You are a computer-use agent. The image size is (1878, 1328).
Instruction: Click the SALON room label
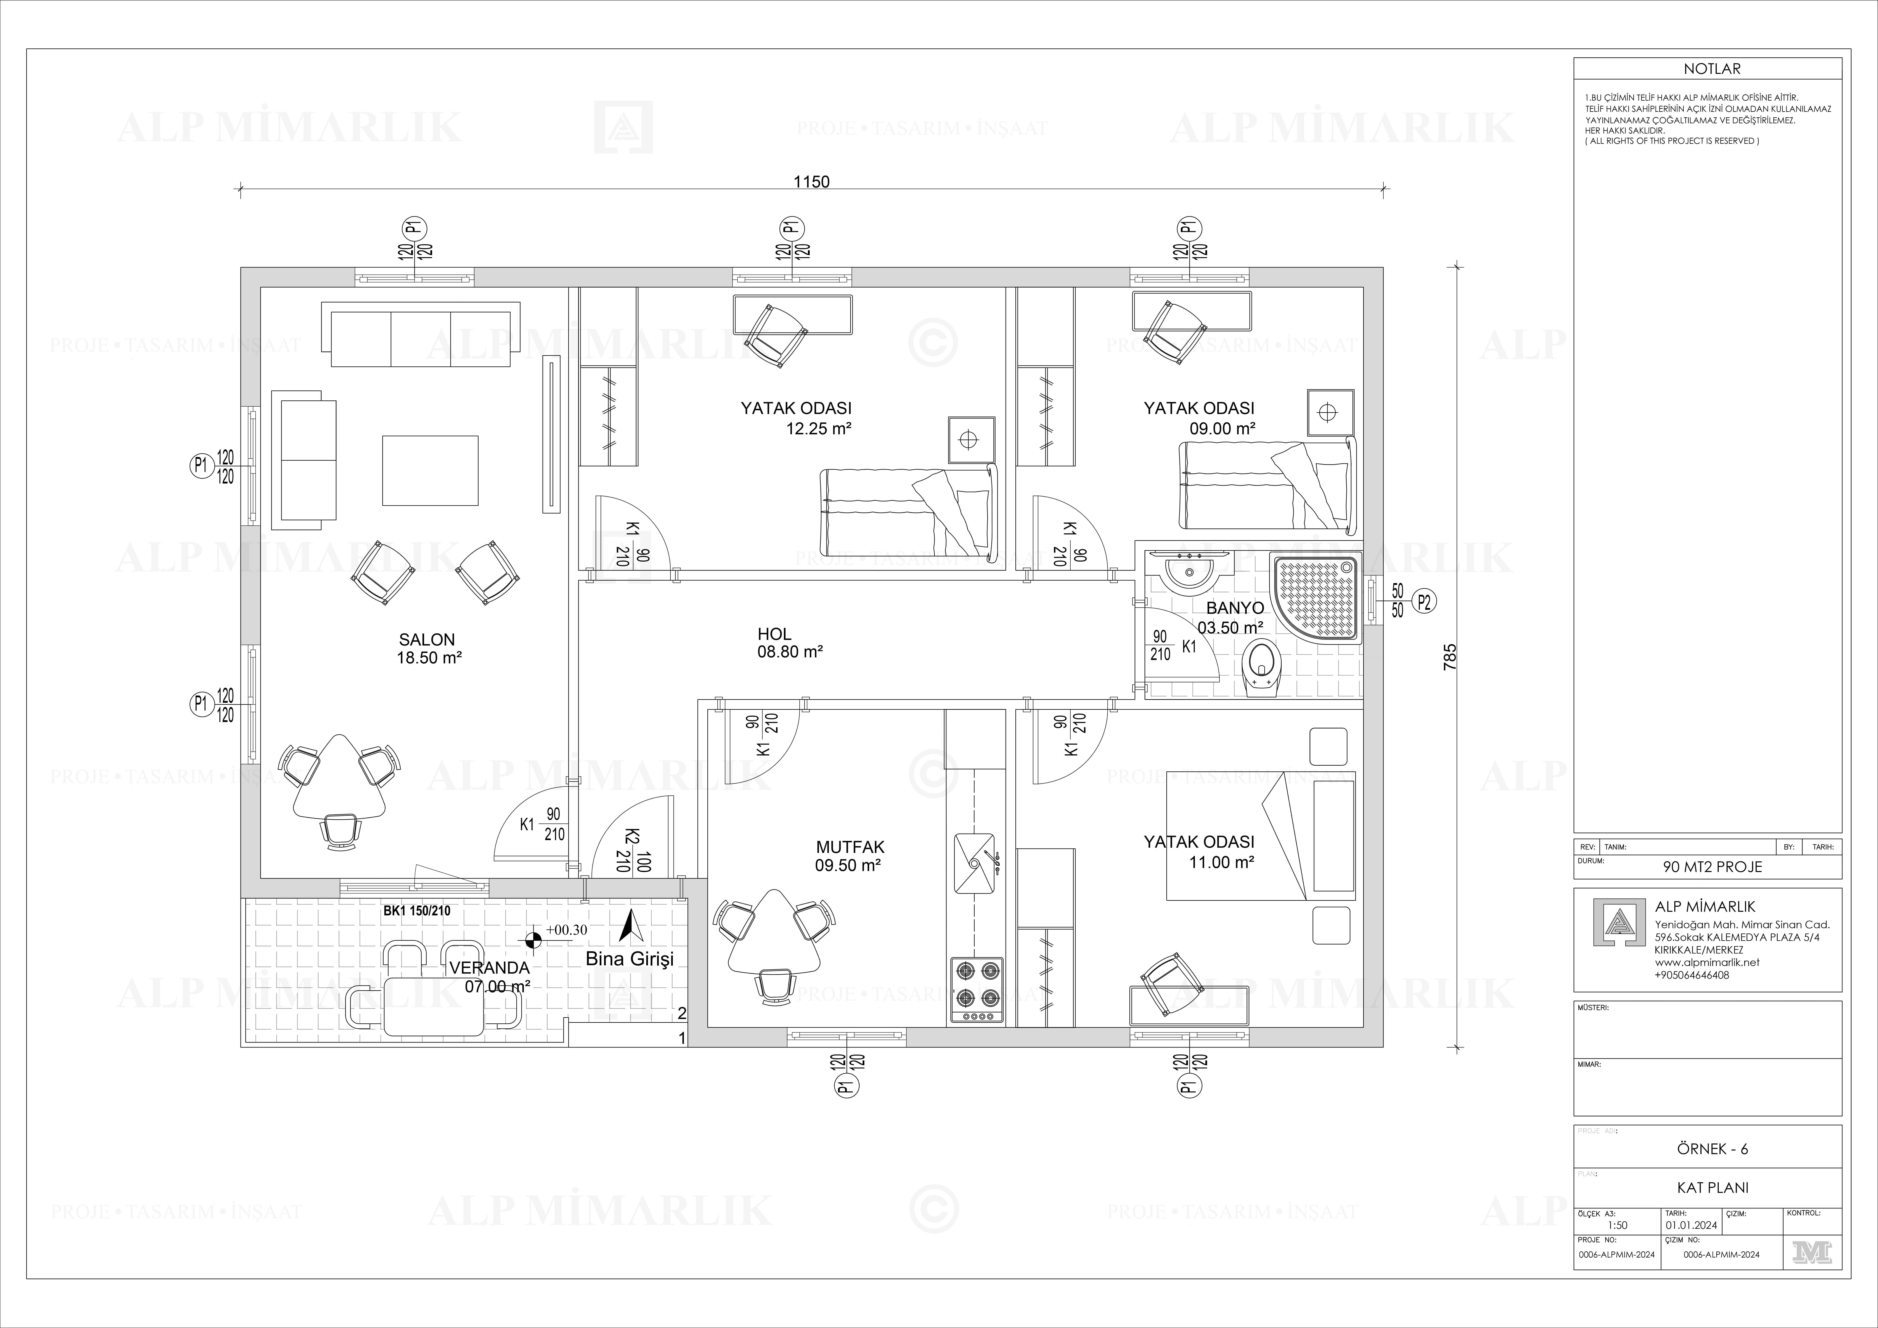click(x=427, y=640)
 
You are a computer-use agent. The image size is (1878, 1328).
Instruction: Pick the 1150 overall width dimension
click(x=811, y=182)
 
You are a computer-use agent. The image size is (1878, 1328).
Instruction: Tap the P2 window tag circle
click(x=1424, y=602)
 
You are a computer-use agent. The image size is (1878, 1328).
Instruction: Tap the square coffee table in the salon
click(x=430, y=470)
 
